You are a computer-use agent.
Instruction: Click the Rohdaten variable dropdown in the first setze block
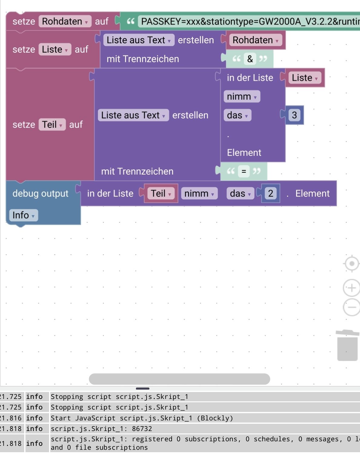[65, 21]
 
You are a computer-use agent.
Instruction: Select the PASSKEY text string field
[248, 21]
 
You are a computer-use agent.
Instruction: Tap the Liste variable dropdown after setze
[54, 49]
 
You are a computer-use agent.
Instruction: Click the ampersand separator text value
[250, 59]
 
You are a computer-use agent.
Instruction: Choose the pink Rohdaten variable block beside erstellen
[255, 40]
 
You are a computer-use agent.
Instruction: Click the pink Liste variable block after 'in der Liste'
[304, 78]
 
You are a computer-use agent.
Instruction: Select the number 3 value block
[294, 115]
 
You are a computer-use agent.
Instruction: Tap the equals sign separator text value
[244, 171]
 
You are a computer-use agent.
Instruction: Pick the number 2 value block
[271, 193]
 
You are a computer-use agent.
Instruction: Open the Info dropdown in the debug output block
[23, 215]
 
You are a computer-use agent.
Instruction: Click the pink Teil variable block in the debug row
[161, 193]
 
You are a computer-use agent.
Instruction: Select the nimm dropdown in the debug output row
[199, 193]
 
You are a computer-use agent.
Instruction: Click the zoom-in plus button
[351, 287]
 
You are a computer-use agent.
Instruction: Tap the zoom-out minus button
[351, 307]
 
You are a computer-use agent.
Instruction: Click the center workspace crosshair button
[352, 264]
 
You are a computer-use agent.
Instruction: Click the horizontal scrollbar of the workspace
[179, 379]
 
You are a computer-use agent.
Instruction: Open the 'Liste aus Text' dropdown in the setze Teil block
[133, 115]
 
